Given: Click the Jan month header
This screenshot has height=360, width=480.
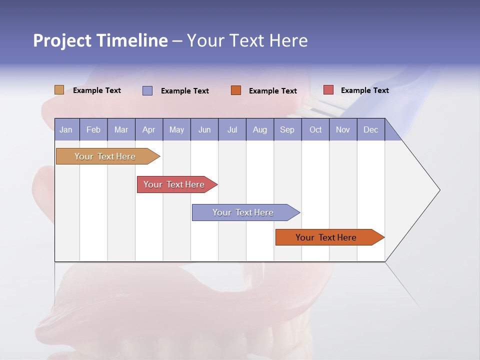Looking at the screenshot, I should coord(66,130).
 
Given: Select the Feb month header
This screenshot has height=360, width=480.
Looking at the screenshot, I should coord(93,130).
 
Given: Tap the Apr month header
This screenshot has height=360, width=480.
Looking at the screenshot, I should coord(148,130).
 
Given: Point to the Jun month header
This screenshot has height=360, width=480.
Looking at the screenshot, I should coord(204,130).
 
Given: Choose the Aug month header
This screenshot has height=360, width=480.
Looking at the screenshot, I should coord(260,130).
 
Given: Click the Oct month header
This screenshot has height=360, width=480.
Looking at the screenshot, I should coord(315,130).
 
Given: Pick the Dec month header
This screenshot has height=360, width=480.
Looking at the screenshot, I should coord(370,130).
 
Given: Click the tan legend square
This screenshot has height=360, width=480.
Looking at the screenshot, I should coord(59,90).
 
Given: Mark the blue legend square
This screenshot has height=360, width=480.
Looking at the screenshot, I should coord(147,90).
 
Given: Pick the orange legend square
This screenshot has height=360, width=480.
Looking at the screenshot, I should coord(236,90).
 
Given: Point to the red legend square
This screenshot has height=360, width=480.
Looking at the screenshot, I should coord(328,90).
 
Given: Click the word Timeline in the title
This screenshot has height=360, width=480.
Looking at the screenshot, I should coord(132,40).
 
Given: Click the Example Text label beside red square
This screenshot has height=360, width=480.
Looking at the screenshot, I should coord(364,90).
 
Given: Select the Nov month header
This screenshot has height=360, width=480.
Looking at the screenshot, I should coord(343,130).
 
